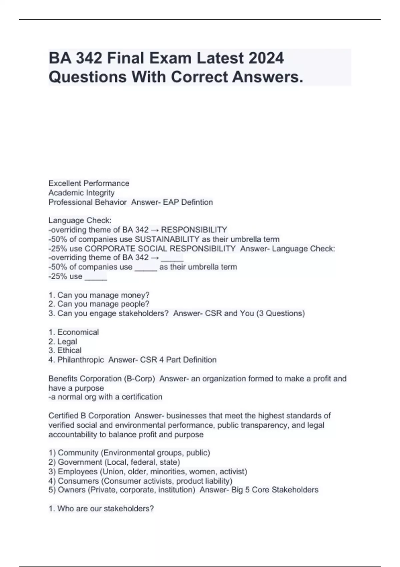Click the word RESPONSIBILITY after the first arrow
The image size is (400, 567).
click(x=194, y=230)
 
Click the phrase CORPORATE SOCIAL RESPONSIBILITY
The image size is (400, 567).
click(x=160, y=248)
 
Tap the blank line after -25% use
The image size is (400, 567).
click(x=96, y=277)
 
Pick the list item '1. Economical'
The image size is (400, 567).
click(x=74, y=332)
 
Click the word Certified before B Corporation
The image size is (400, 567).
click(x=63, y=416)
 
